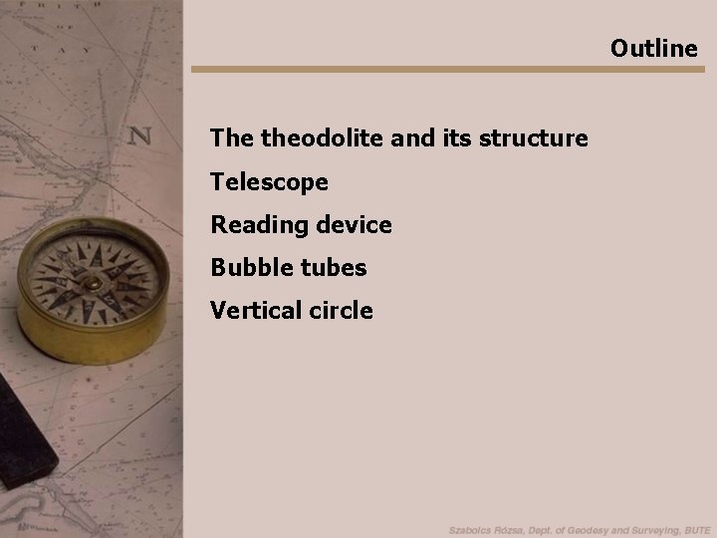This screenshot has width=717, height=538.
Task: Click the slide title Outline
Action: [654, 48]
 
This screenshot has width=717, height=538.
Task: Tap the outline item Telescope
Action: [269, 181]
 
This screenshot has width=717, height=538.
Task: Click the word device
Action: [355, 225]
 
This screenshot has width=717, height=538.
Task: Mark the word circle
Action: [339, 311]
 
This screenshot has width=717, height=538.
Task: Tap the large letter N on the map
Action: [140, 134]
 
